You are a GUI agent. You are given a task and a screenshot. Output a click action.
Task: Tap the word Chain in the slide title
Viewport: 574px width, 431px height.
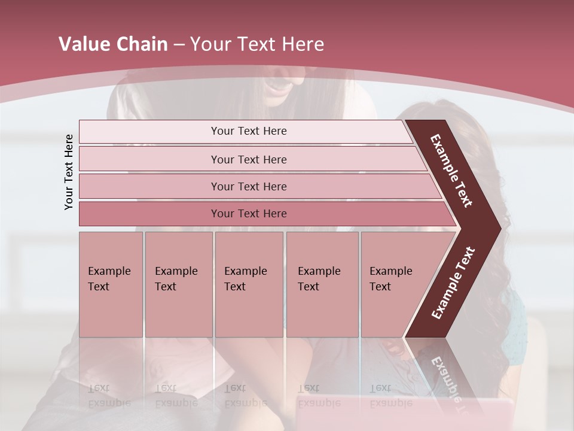142,44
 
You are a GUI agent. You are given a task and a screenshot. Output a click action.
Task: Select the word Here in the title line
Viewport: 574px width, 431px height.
303,44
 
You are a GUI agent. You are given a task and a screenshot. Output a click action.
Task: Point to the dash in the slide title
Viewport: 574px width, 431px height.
179,45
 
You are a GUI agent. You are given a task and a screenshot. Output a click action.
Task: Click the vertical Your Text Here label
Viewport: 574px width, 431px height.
69,172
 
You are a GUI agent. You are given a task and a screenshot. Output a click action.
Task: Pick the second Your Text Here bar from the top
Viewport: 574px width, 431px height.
249,159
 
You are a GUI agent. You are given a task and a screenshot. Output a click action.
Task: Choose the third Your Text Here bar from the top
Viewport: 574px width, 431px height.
249,186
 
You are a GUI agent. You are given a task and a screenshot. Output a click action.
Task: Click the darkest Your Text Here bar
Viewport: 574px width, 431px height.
249,214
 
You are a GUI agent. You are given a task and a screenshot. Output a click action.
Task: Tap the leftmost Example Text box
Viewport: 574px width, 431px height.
111,284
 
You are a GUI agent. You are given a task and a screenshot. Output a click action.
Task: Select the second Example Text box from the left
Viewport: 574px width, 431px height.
178,284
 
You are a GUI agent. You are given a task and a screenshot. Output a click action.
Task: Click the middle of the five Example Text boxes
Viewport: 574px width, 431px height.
249,284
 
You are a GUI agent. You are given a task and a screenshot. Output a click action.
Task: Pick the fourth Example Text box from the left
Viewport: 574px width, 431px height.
322,284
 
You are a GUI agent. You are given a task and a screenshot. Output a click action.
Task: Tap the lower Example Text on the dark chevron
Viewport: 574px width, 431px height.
453,283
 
